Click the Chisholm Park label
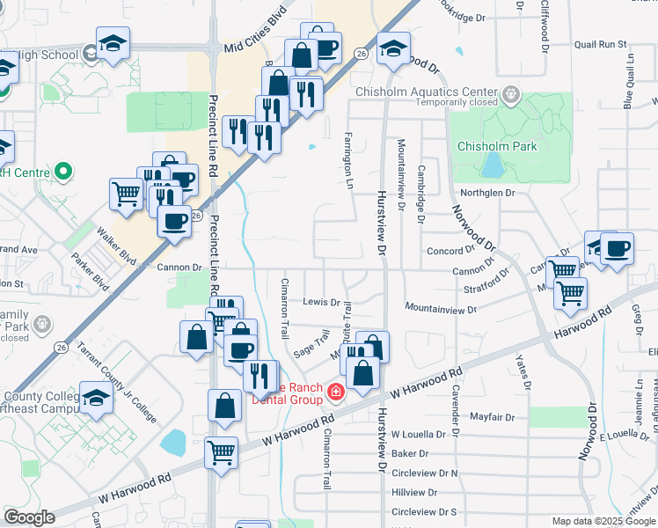(x=497, y=147)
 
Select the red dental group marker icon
(x=335, y=391)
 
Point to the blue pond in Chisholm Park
(x=493, y=165)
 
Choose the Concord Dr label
(x=450, y=252)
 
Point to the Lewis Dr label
(x=321, y=302)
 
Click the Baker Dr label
(x=410, y=454)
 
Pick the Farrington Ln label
(x=347, y=151)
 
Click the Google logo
(x=29, y=517)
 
